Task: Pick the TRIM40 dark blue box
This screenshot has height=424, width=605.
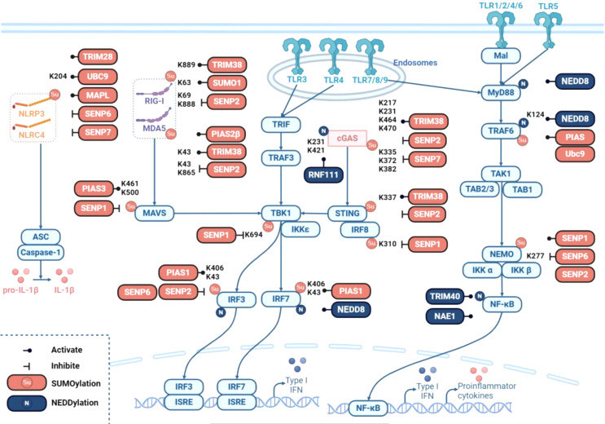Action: click(449, 294)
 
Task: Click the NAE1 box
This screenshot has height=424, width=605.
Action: click(449, 314)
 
